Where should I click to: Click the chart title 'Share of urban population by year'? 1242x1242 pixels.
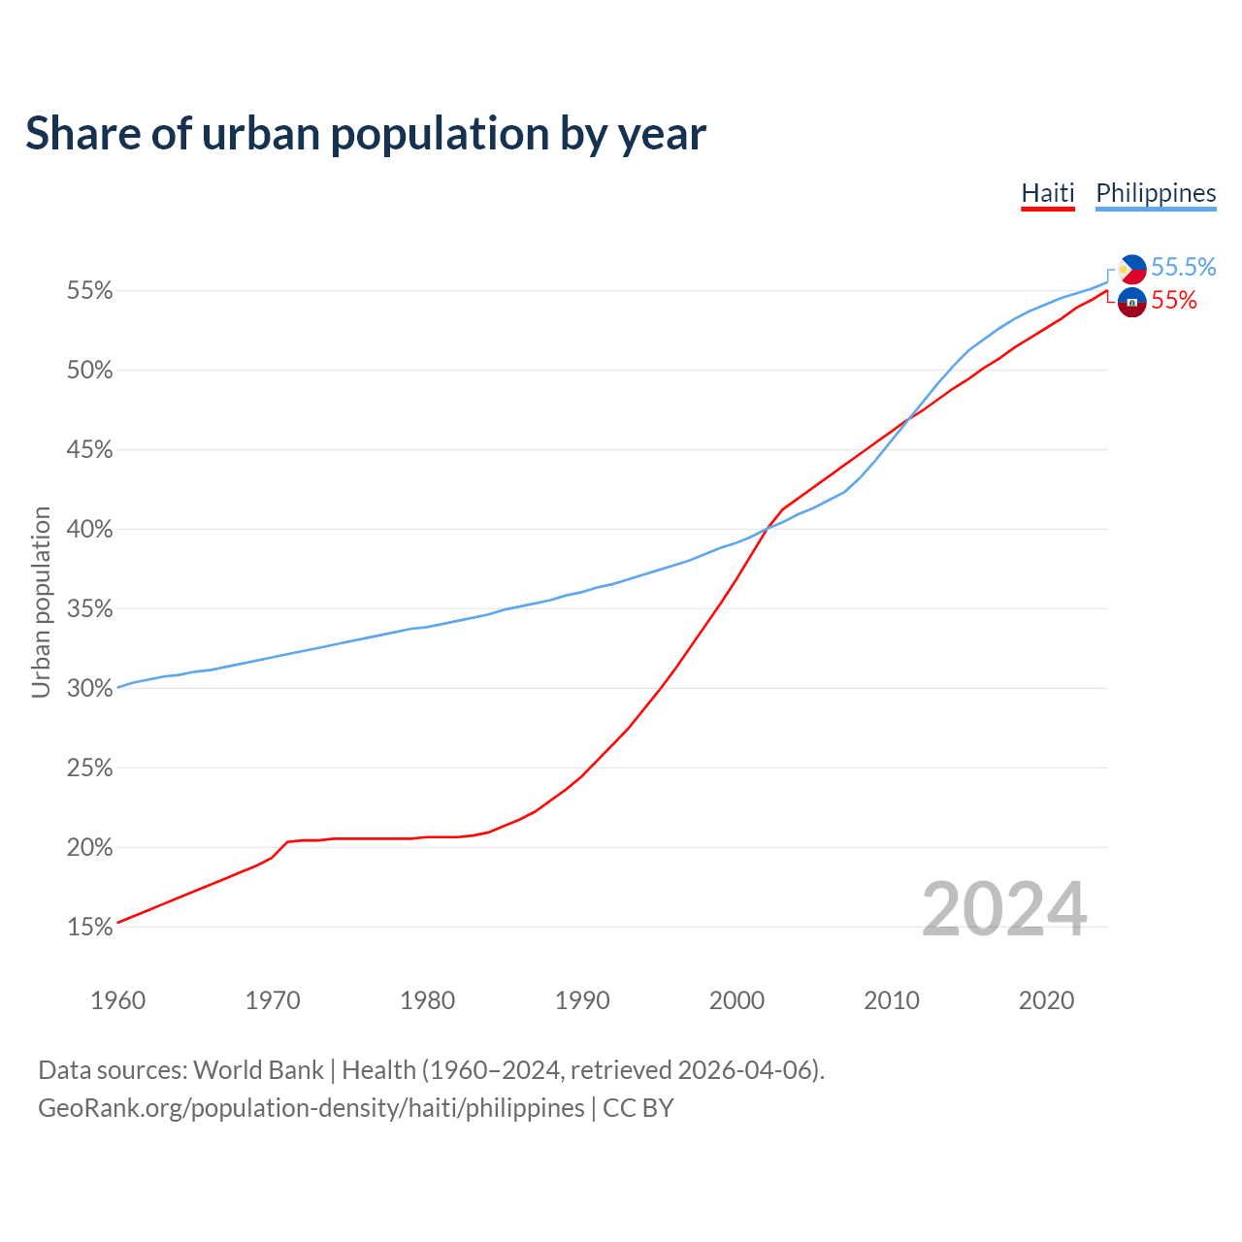(x=366, y=133)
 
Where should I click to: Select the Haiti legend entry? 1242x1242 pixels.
(x=1048, y=193)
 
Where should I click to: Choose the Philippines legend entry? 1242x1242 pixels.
(x=1156, y=193)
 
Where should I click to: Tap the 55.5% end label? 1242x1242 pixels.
(x=1183, y=267)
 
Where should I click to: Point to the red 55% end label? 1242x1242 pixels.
(x=1174, y=301)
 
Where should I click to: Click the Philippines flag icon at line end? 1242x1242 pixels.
(x=1132, y=269)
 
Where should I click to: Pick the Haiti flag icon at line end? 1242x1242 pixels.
(x=1132, y=302)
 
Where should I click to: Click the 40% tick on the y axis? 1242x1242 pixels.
(x=90, y=530)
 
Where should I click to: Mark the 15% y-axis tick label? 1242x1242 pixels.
(x=90, y=928)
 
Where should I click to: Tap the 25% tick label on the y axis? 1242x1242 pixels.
(x=90, y=768)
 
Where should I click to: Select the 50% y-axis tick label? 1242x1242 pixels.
(x=90, y=371)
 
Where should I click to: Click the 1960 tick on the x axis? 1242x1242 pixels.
(x=117, y=1000)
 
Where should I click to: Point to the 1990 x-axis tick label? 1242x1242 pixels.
(x=582, y=1000)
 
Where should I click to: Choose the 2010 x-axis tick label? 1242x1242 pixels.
(x=892, y=1000)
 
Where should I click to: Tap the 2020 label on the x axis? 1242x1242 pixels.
(x=1046, y=1000)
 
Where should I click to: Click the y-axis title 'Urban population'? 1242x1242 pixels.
(x=41, y=602)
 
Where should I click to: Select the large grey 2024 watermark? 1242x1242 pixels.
(x=1003, y=909)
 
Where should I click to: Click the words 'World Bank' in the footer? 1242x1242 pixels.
(x=258, y=1070)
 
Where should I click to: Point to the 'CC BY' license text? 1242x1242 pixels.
(x=638, y=1108)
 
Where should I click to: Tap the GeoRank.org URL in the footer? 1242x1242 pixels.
(x=310, y=1108)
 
